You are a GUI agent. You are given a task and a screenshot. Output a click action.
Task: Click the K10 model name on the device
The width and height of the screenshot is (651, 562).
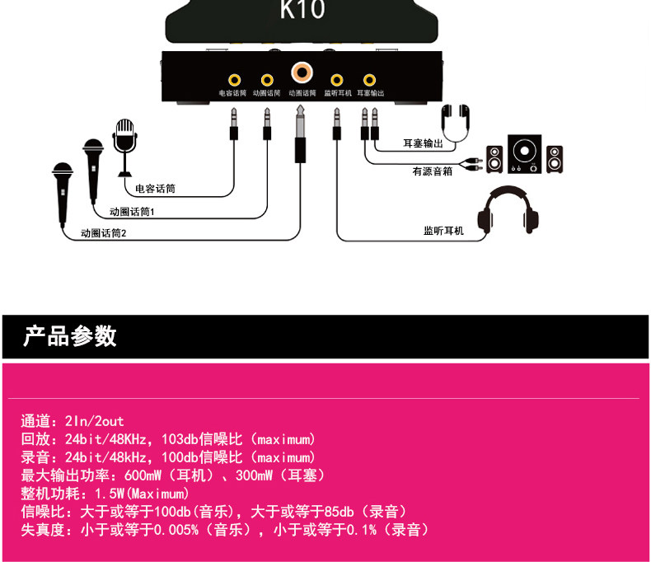[302, 11]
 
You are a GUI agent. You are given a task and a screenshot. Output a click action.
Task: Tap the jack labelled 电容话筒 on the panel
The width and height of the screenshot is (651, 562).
[235, 80]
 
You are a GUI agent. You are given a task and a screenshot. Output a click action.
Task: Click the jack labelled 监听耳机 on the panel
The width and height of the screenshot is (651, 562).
[336, 80]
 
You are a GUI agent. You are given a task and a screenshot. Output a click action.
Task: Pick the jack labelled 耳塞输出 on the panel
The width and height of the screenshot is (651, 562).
[369, 80]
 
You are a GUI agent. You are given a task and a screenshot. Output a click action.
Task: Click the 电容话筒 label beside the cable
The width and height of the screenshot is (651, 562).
[155, 189]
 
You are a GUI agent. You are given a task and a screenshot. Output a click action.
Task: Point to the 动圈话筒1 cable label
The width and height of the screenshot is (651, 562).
[132, 212]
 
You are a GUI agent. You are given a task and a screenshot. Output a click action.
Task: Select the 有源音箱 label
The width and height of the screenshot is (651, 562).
[432, 172]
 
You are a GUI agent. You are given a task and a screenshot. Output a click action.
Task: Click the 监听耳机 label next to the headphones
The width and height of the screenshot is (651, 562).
[443, 231]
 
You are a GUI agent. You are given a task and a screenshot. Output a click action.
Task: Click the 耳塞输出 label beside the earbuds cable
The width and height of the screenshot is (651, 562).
[423, 143]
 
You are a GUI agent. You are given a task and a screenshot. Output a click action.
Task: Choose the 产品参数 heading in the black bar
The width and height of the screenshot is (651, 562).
[70, 336]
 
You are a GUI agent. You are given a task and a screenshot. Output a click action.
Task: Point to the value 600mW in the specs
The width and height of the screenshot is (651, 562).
[144, 475]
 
